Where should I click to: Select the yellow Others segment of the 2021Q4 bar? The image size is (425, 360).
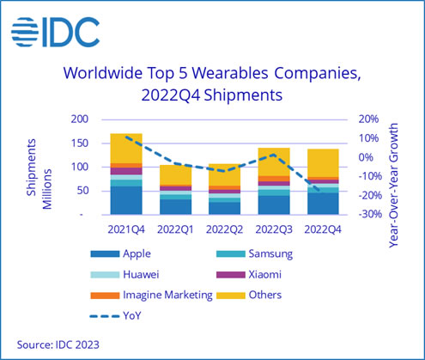pyautogui.click(x=127, y=148)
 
